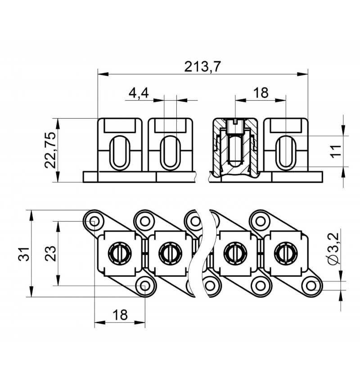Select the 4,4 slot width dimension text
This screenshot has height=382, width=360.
(139, 93)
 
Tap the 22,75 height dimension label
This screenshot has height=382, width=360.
(50, 150)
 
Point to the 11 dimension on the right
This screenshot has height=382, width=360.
(336, 151)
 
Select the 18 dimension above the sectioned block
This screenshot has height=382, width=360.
(261, 93)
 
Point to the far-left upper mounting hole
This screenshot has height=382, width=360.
(94, 221)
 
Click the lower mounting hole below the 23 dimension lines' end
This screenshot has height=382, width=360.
(145, 285)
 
